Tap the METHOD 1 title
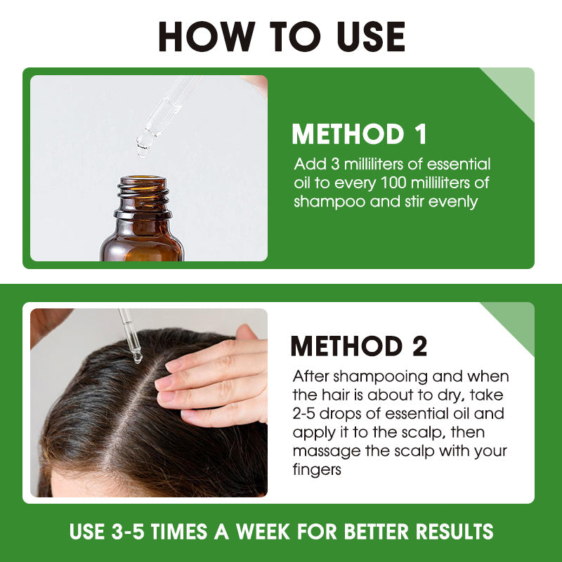359,134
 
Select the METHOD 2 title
359,346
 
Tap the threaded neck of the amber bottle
143,196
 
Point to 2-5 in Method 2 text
306,414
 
